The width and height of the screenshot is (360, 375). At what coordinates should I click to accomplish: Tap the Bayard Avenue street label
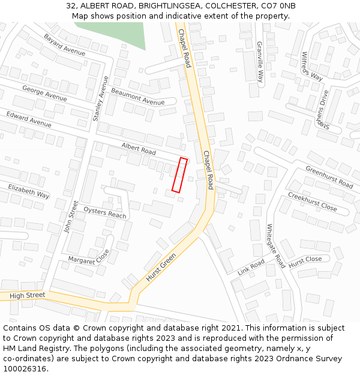coord(65,45)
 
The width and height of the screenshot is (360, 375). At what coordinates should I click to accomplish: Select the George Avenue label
coord(44,93)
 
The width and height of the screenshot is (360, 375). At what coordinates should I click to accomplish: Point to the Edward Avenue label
coord(29,118)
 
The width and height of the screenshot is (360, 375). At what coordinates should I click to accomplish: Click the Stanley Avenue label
coord(100,99)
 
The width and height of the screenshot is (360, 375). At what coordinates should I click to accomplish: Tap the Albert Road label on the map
coord(139,149)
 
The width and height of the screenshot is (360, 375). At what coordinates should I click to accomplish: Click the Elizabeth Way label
coord(29,191)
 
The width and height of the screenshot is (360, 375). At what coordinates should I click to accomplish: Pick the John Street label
coord(71,217)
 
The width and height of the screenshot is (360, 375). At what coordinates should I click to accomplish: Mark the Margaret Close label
coord(89,257)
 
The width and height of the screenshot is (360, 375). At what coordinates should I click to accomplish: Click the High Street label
coord(28,295)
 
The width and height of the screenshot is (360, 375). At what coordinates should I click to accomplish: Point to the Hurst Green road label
coord(161,268)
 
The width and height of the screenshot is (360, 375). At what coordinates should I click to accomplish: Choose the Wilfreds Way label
coord(312,66)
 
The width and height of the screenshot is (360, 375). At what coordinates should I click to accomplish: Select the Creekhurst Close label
coord(312,202)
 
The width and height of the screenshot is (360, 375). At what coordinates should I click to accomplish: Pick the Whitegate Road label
coord(275,245)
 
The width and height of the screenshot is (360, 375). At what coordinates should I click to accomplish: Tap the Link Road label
coord(251,266)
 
